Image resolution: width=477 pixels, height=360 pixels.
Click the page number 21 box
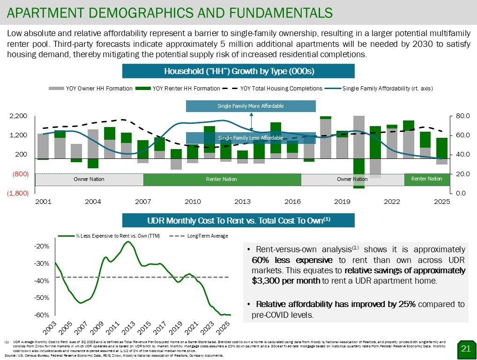[465, 348]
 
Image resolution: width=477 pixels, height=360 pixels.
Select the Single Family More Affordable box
[251, 106]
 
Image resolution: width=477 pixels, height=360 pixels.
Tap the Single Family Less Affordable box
[251, 138]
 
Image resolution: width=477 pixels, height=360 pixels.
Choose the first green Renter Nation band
[222, 180]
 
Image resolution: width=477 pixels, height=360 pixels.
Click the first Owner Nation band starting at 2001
[89, 180]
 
